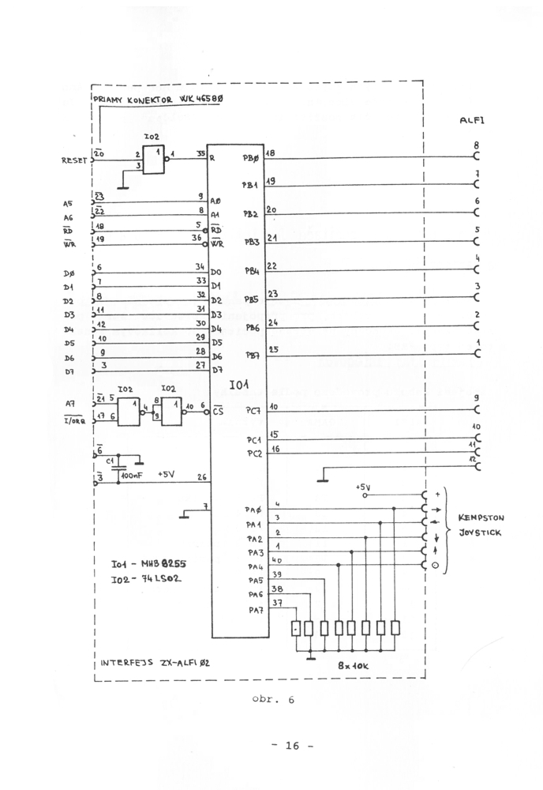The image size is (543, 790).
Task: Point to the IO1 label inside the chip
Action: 238,385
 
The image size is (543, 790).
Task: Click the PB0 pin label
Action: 251,159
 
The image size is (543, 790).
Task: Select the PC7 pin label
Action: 253,411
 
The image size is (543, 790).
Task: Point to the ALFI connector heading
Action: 472,121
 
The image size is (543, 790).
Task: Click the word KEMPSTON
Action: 481,517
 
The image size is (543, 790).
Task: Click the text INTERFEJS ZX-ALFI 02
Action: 155,664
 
